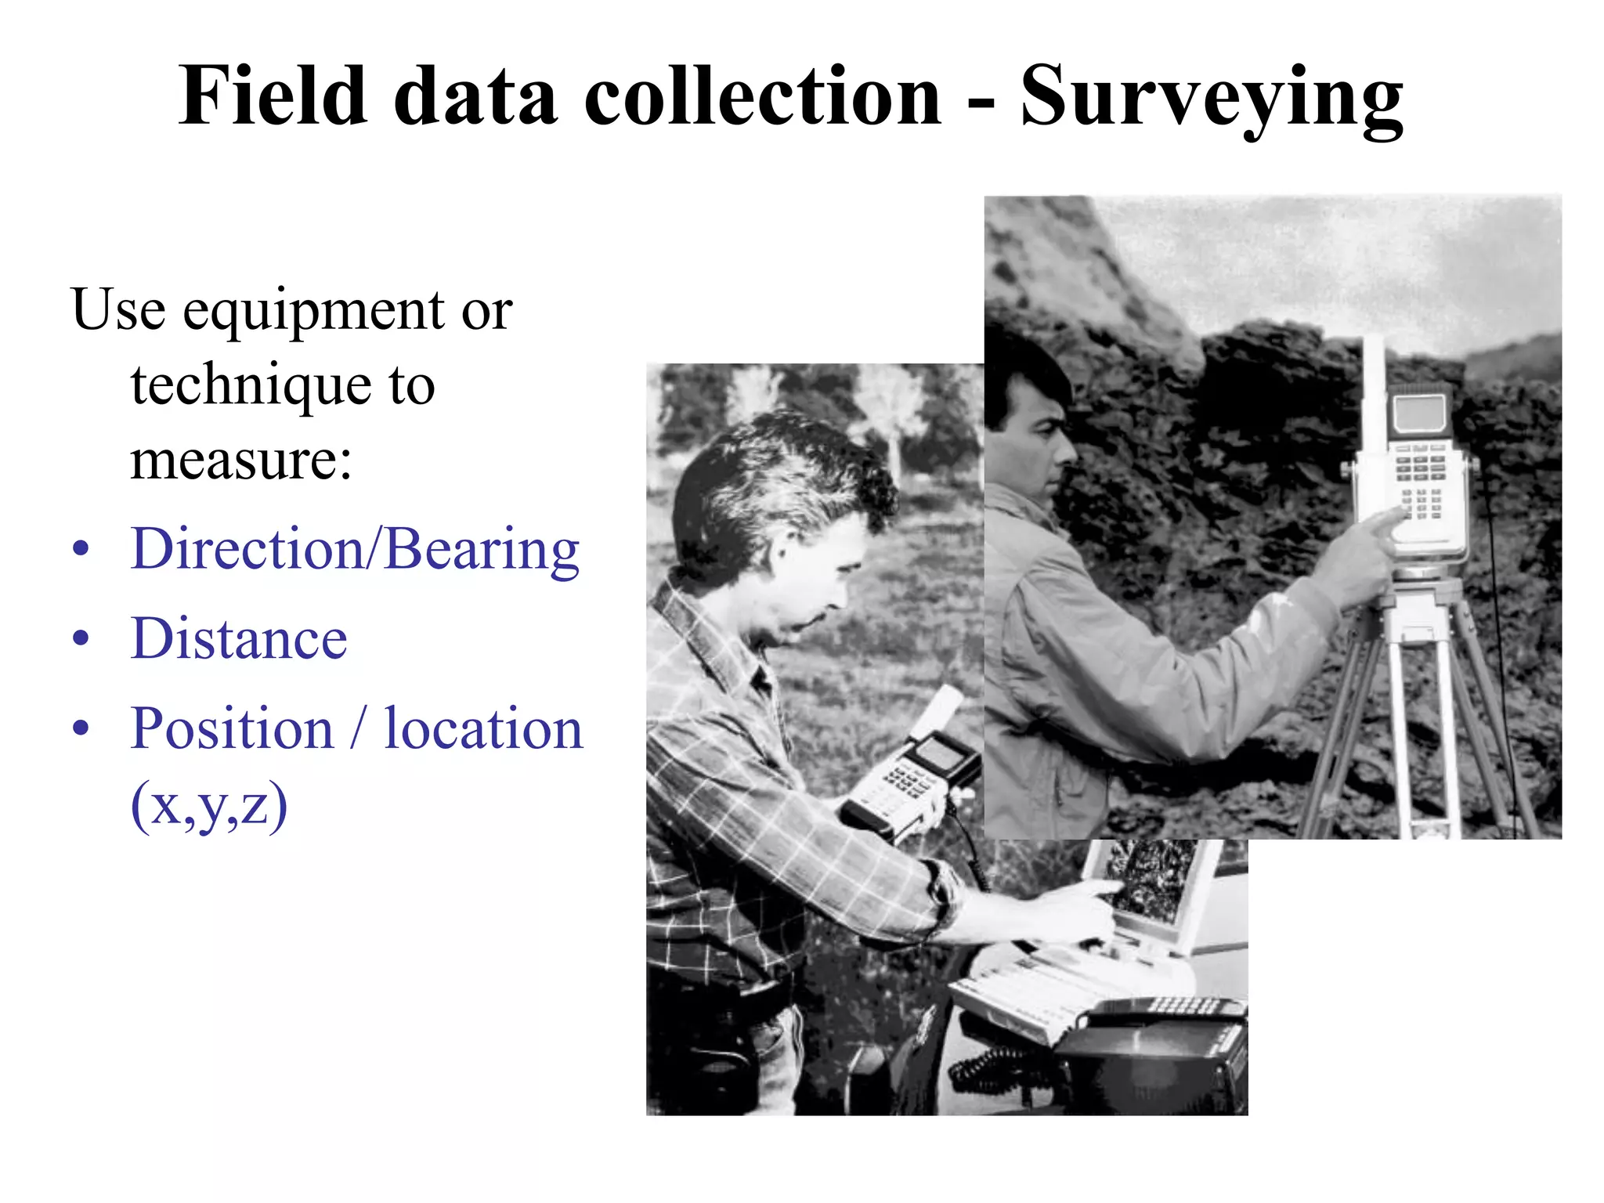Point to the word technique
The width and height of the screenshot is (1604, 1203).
[251, 387]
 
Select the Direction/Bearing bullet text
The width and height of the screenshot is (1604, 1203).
[355, 551]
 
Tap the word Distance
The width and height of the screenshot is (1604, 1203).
[239, 639]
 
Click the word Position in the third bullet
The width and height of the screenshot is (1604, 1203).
[233, 729]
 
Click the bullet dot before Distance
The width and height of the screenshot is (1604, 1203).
[81, 639]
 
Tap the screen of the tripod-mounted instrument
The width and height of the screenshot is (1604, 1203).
[1419, 413]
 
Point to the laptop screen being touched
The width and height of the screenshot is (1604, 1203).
[1147, 881]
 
